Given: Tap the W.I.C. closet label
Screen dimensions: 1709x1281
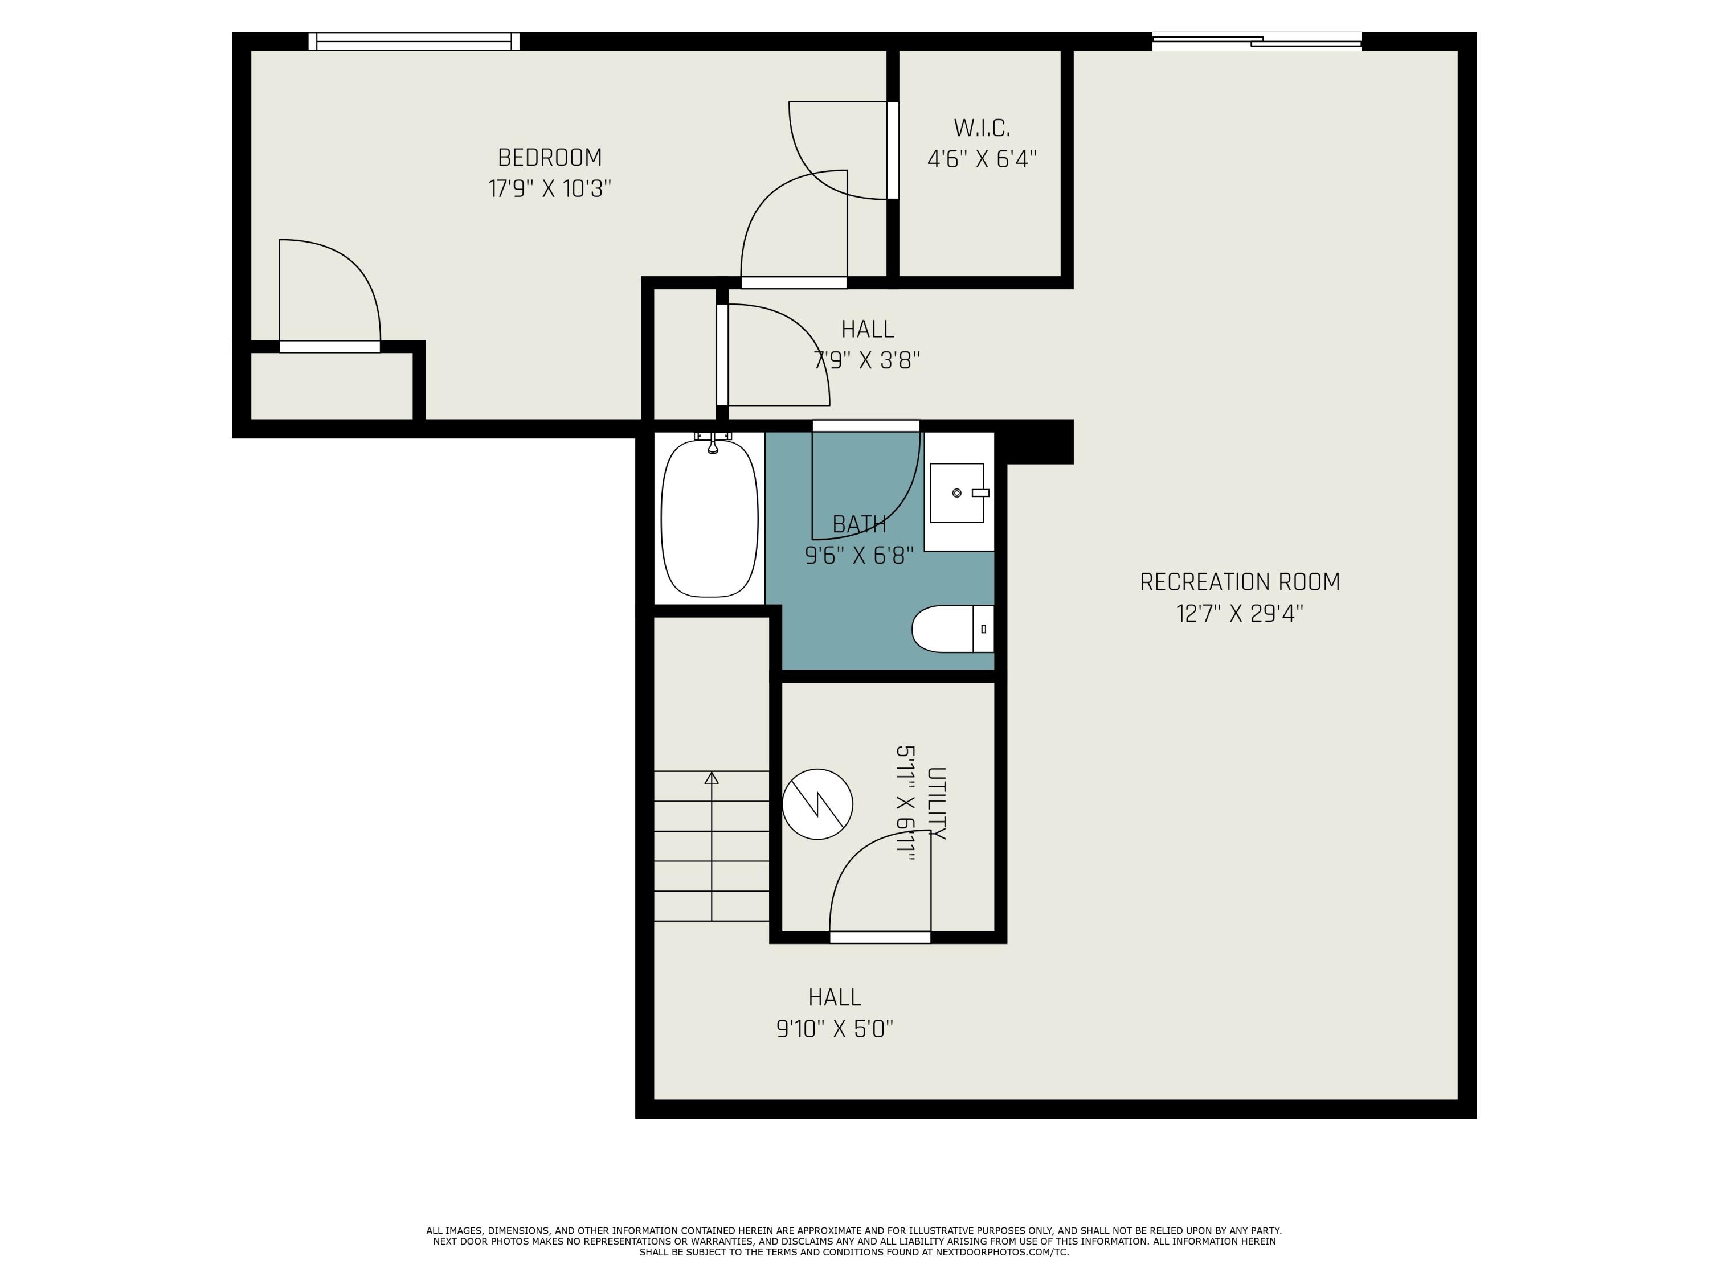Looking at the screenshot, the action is tap(981, 128).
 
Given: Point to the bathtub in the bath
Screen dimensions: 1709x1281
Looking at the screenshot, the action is tap(709, 518).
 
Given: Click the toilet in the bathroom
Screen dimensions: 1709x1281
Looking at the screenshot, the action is tap(952, 629).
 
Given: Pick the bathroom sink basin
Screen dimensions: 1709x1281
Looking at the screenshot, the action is tap(956, 492).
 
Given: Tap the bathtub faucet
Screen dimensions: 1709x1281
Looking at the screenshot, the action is tap(712, 442).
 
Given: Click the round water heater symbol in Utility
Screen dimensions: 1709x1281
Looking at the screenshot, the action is tap(817, 804).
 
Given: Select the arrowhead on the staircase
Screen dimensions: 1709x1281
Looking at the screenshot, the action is tap(712, 778).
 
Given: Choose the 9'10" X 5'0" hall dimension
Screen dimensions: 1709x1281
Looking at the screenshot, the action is tap(835, 1029).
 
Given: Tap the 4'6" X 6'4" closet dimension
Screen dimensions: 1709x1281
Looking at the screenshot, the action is tap(981, 159).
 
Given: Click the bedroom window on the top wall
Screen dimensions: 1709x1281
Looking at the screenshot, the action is tap(414, 42).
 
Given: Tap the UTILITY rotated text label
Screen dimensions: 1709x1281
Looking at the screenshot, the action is tap(935, 803).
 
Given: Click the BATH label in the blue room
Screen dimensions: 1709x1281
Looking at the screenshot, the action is tap(859, 525).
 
